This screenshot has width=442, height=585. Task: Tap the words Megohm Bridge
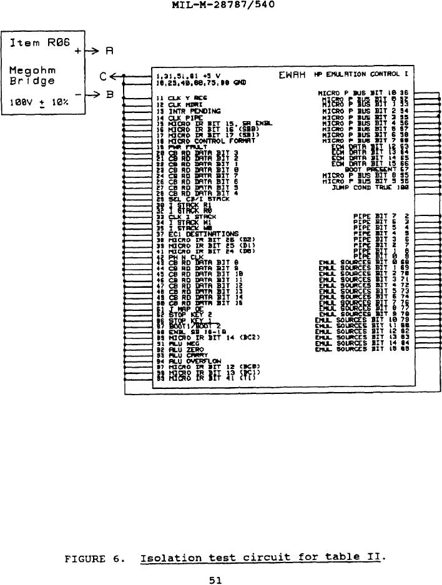pyautogui.click(x=32, y=75)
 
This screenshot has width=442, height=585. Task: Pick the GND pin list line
pyautogui.click(x=188, y=83)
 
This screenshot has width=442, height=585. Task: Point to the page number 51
pyautogui.click(x=216, y=580)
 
